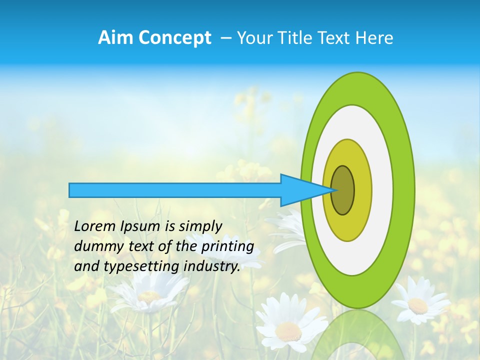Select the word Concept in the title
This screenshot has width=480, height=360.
[174, 38]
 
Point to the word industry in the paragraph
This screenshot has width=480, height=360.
[211, 266]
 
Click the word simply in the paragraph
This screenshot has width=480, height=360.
[200, 226]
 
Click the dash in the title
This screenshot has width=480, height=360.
[225, 38]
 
